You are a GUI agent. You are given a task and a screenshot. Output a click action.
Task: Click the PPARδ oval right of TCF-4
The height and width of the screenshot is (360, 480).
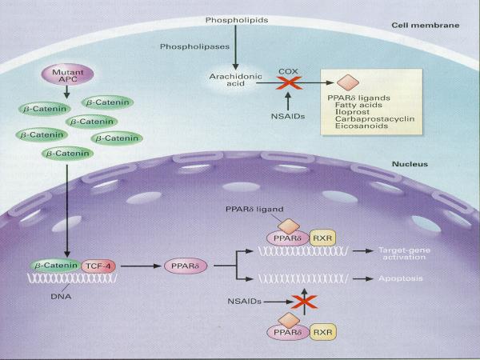pos(184,265)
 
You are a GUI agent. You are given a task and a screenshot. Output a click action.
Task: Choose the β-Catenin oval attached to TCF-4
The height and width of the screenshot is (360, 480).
pos(54,265)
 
